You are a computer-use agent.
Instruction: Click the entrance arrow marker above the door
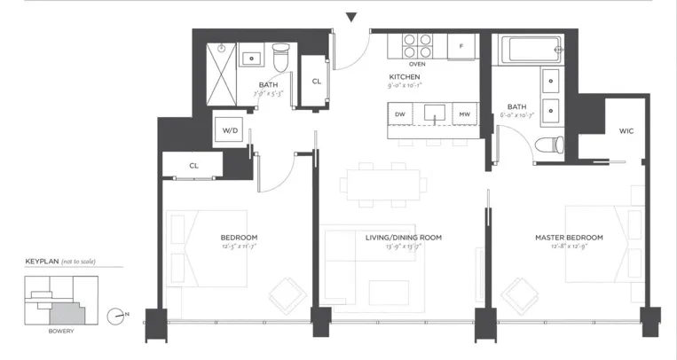click(x=351, y=16)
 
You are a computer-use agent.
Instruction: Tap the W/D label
click(x=230, y=130)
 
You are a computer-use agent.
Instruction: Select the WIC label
click(x=626, y=131)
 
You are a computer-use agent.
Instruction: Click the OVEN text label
click(x=417, y=64)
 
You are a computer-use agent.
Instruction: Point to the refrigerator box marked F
click(x=461, y=45)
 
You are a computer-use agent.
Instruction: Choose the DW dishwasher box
click(x=400, y=114)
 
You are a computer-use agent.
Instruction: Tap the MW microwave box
click(x=464, y=114)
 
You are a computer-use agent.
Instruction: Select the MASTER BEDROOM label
click(x=569, y=238)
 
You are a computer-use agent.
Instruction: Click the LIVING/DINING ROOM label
click(x=404, y=238)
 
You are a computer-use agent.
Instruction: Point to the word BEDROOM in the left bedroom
click(x=239, y=238)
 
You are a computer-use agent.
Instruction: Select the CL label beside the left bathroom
click(x=316, y=81)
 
